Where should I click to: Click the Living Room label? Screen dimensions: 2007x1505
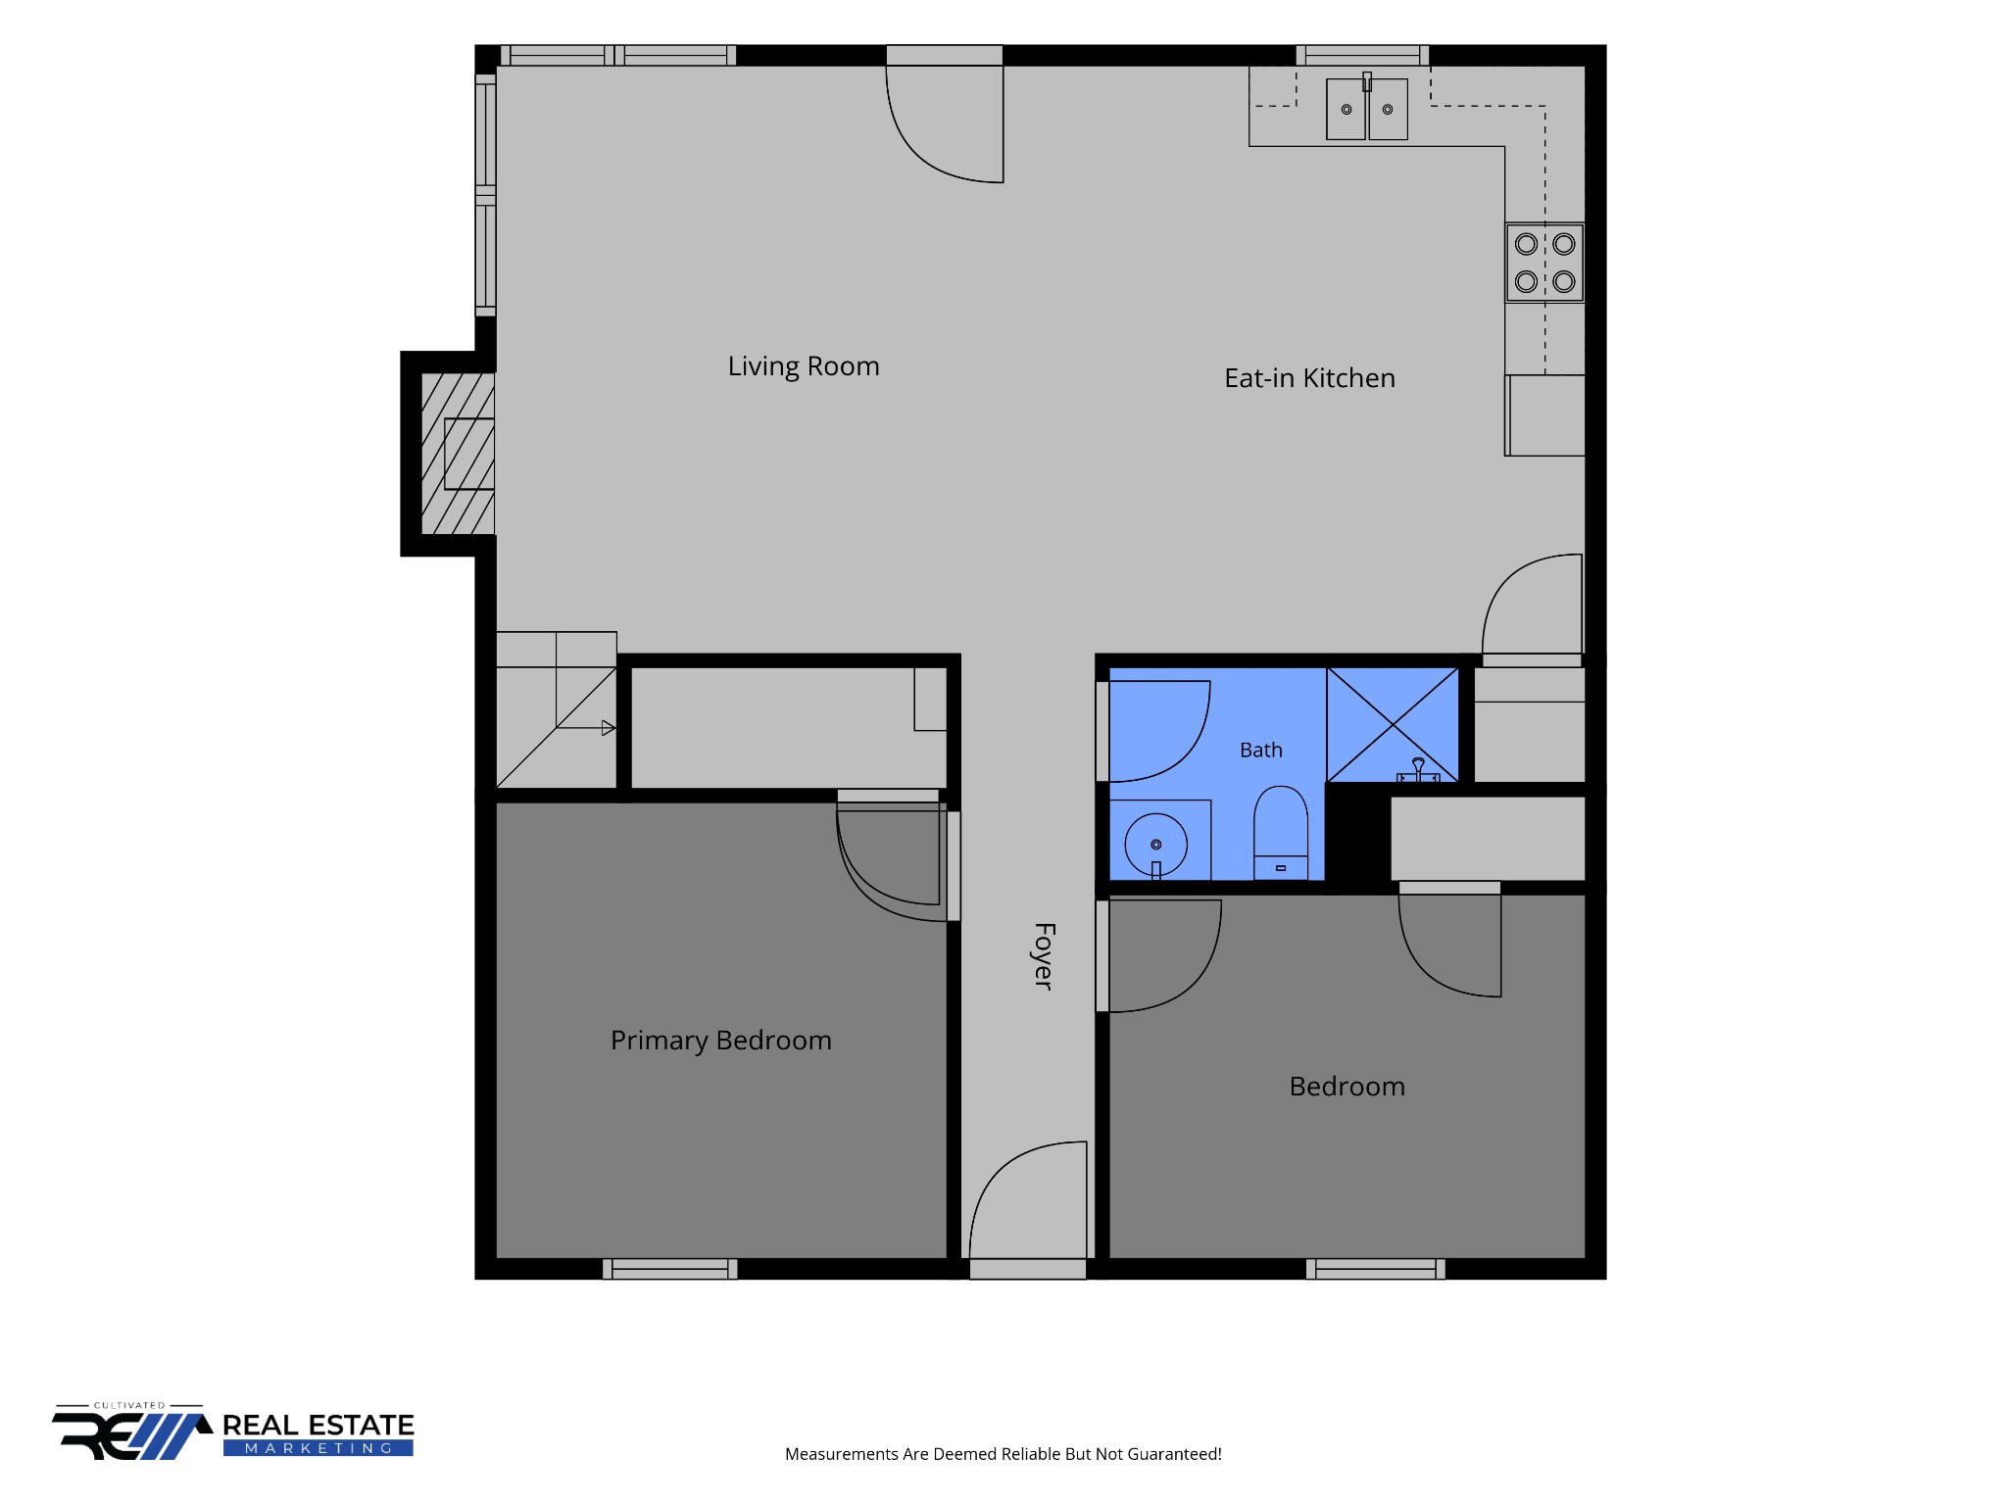pyautogui.click(x=804, y=366)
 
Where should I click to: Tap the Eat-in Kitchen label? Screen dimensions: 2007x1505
pyautogui.click(x=1309, y=378)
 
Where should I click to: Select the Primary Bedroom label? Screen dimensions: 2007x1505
pyautogui.click(x=721, y=1041)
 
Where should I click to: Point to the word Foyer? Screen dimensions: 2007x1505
pyautogui.click(x=1044, y=956)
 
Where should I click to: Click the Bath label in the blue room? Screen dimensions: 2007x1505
pyautogui.click(x=1261, y=750)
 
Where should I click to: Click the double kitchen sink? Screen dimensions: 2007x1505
pyautogui.click(x=1367, y=108)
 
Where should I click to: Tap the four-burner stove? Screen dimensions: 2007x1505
pyautogui.click(x=1544, y=263)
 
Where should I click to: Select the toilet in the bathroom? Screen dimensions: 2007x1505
pyautogui.click(x=1281, y=832)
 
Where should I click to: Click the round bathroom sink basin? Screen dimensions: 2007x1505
pyautogui.click(x=1156, y=845)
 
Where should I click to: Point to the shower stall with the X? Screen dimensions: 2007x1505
pyautogui.click(x=1393, y=725)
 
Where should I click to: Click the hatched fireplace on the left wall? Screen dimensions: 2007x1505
pyautogui.click(x=457, y=454)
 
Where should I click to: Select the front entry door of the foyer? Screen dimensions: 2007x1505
pyautogui.click(x=1028, y=1210)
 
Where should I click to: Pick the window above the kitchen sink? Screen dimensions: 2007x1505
pyautogui.click(x=1362, y=55)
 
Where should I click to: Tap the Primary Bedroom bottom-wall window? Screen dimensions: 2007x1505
pyautogui.click(x=670, y=1269)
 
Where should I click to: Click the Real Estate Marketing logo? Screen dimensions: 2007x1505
pyautogui.click(x=233, y=1432)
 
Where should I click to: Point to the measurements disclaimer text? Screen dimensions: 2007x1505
pyautogui.click(x=1003, y=1454)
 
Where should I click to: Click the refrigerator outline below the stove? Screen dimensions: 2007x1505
pyautogui.click(x=1545, y=415)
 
